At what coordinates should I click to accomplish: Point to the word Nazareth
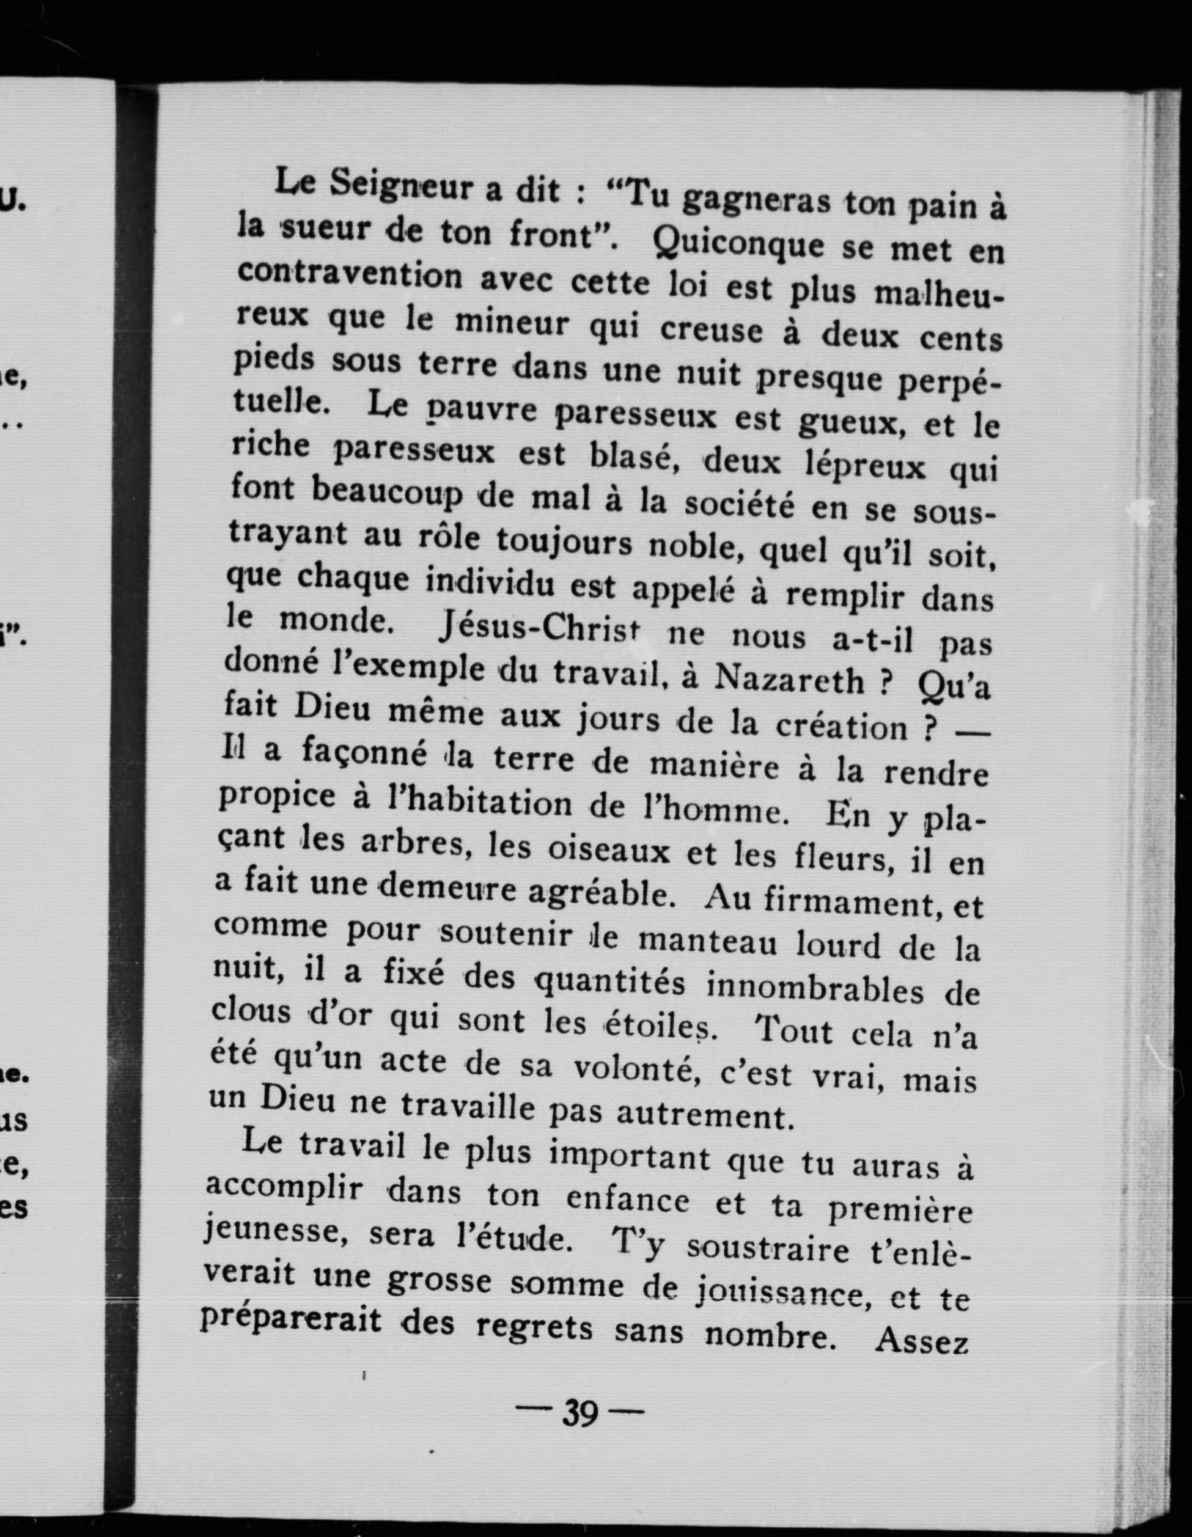pyautogui.click(x=788, y=678)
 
